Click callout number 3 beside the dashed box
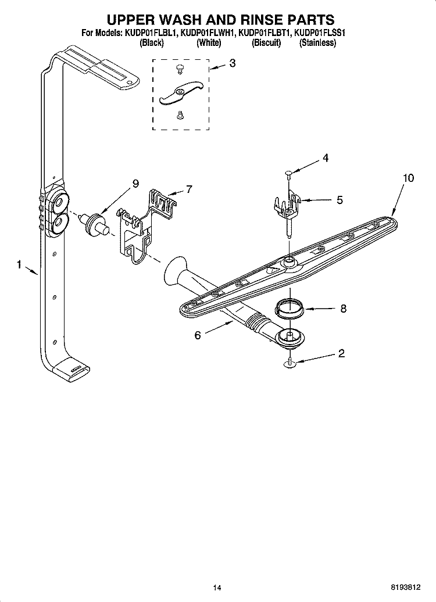(x=232, y=63)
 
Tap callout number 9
(x=135, y=184)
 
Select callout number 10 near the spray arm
(x=408, y=178)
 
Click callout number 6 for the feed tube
(x=198, y=335)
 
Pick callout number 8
(x=343, y=309)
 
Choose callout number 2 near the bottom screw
(x=341, y=353)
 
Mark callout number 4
(x=326, y=157)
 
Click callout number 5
(x=339, y=200)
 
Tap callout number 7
(x=188, y=189)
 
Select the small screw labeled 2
(x=289, y=364)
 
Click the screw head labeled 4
(x=289, y=171)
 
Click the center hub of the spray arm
(x=288, y=264)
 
